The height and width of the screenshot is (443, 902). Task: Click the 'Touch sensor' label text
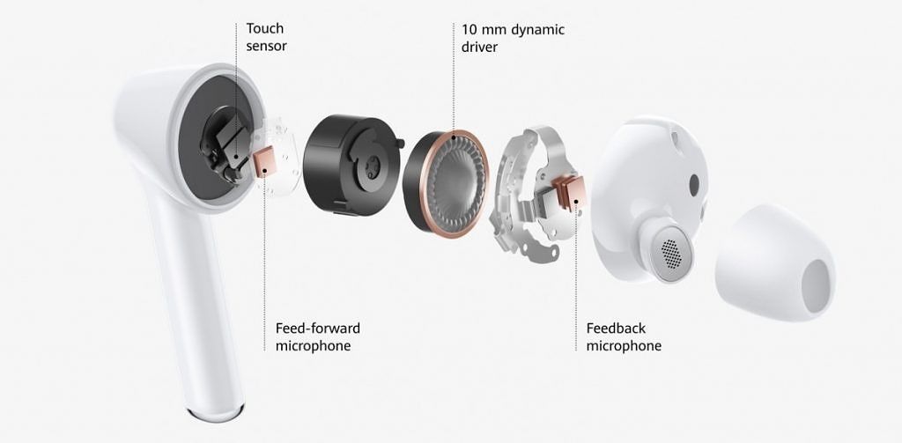click(x=266, y=36)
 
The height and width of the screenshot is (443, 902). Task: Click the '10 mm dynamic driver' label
click(x=513, y=37)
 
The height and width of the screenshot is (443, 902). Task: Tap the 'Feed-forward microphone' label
click(x=318, y=336)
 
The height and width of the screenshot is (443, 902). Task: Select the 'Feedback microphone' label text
click(x=624, y=336)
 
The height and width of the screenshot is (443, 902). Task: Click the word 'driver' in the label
click(x=480, y=46)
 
